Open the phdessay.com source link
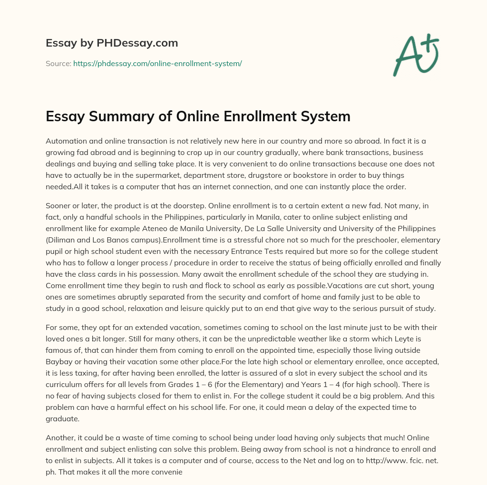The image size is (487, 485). point(157,63)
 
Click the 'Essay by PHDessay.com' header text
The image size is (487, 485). point(112,43)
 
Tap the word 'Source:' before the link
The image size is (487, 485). point(58,63)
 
